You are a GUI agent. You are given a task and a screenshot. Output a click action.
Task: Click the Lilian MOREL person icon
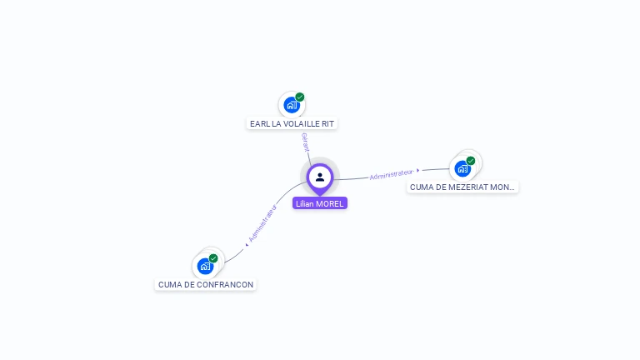pos(320,177)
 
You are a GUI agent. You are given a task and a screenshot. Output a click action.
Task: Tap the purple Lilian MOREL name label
pos(320,203)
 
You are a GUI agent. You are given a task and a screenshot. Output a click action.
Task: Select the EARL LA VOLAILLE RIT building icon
pos(291,105)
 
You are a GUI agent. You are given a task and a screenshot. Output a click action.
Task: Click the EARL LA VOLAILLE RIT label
pos(292,123)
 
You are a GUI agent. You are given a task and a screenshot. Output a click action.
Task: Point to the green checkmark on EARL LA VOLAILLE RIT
pos(300,97)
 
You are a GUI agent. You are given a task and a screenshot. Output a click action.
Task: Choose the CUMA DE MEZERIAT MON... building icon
pos(462,168)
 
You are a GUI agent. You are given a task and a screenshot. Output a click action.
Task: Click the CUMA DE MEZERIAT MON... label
pos(462,187)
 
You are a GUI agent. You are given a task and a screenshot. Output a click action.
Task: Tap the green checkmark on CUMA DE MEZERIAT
pos(471,160)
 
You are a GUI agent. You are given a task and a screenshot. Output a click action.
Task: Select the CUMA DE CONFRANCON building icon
pos(205,266)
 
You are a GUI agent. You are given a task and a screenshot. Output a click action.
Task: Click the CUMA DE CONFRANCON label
pos(206,284)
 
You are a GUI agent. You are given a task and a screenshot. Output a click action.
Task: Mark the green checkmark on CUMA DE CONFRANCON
pos(213,258)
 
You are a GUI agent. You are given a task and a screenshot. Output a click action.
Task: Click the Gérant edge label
pos(306,142)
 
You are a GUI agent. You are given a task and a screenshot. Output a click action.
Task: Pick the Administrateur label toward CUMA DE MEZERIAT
pos(391,174)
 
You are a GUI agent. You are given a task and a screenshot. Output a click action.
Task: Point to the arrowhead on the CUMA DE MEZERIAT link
pos(418,170)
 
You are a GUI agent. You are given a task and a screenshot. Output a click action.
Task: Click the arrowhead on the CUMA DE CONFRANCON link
pos(247,243)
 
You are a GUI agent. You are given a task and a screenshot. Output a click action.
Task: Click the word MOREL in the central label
pos(330,203)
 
